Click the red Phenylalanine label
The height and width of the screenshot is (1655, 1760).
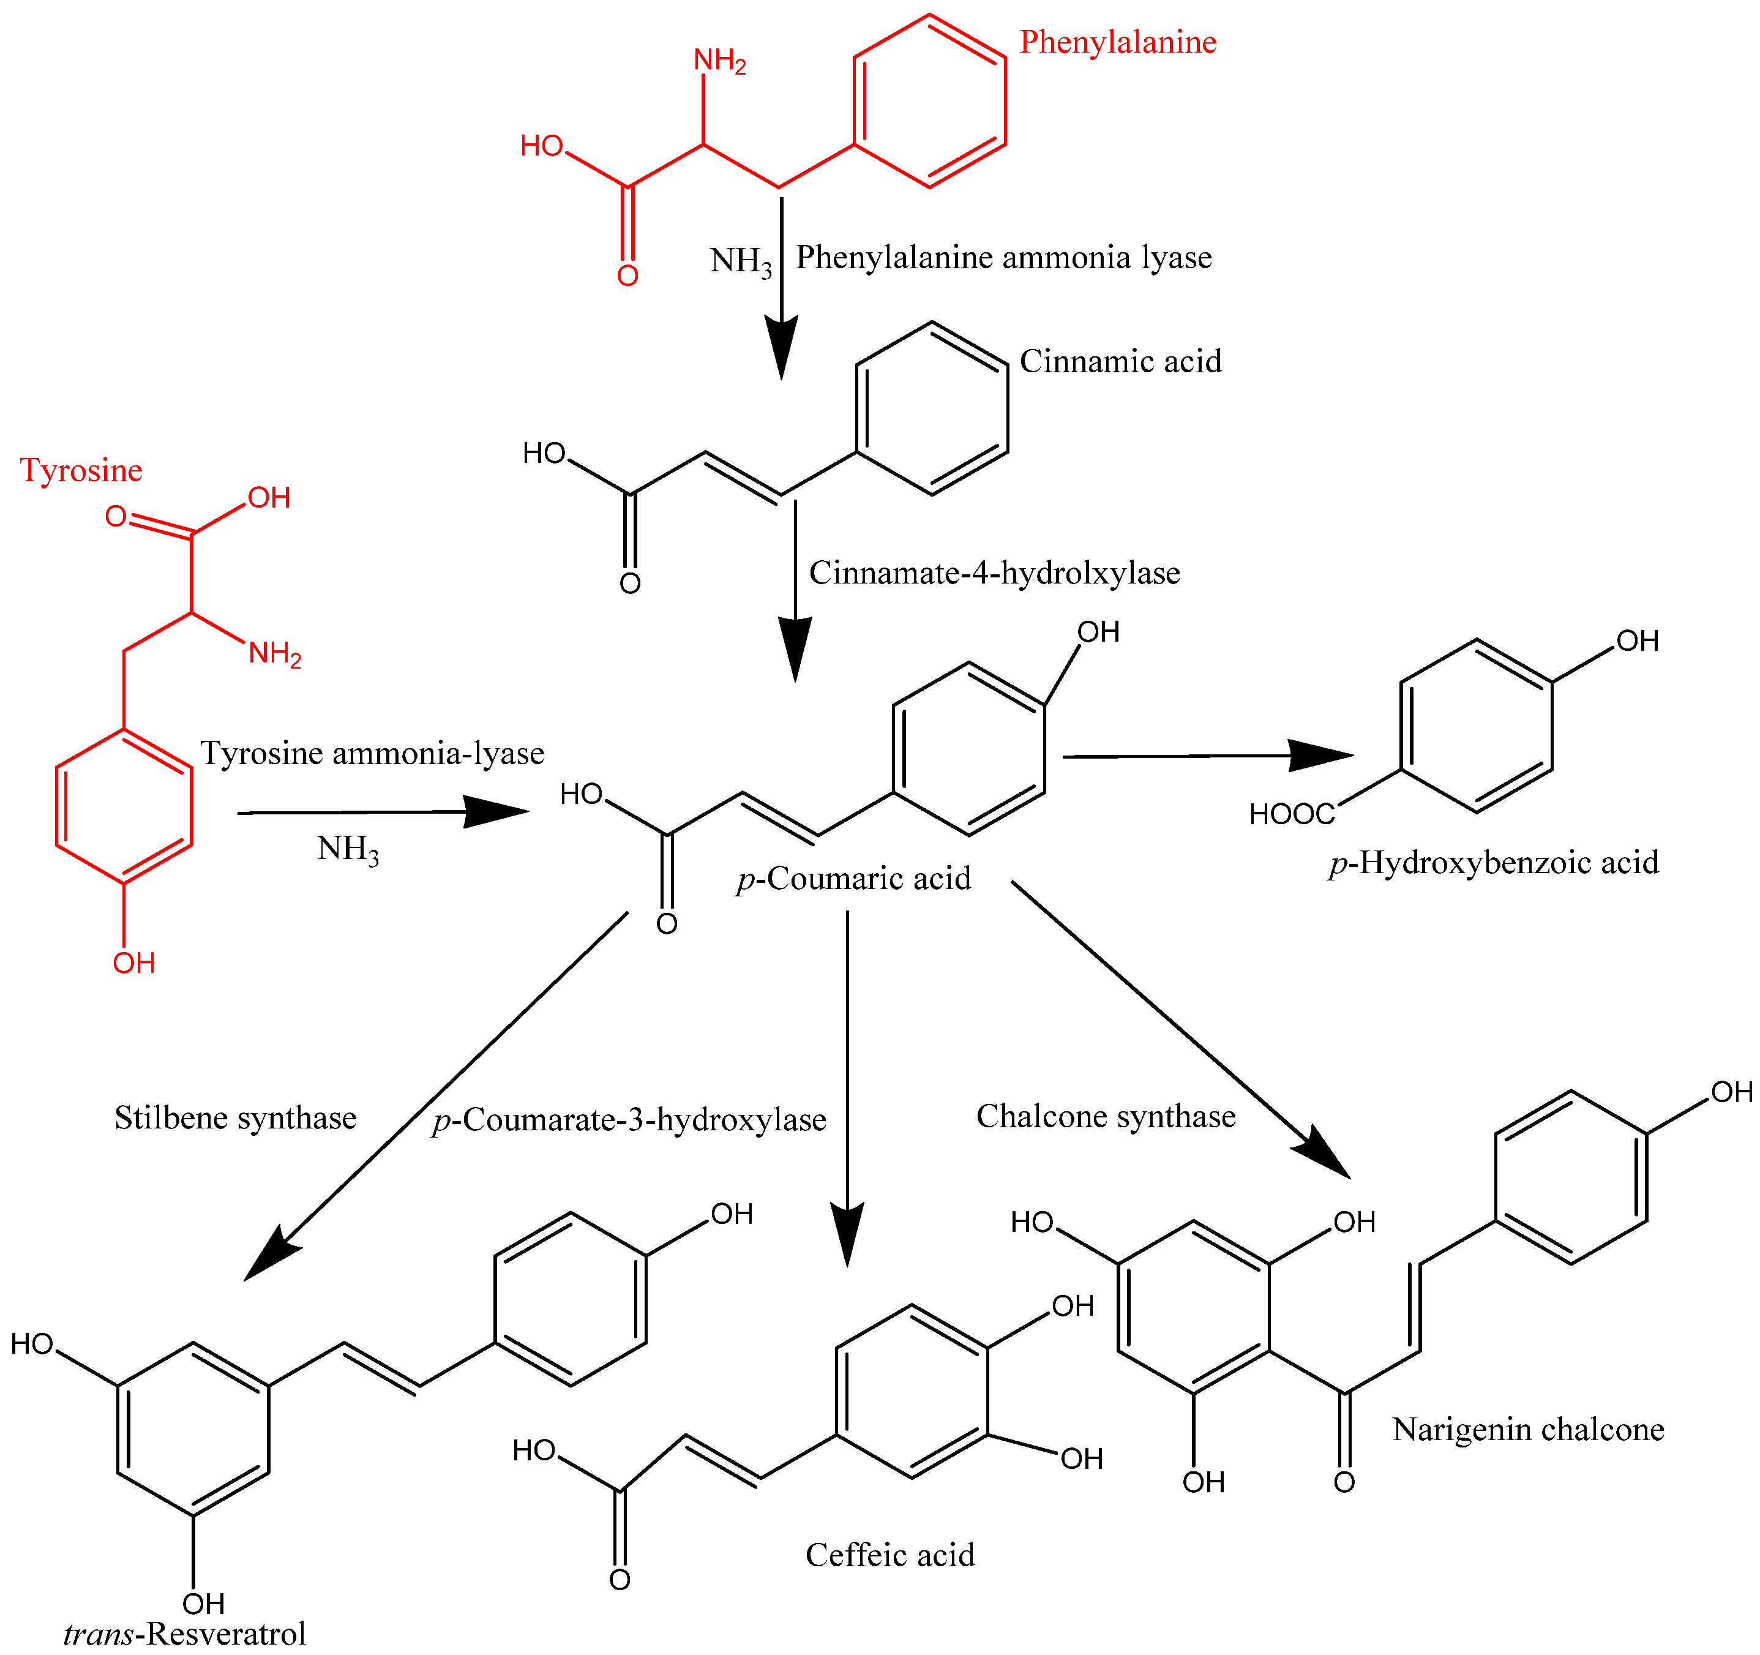coord(1117,42)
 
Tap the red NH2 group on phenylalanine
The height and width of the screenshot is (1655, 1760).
coord(719,60)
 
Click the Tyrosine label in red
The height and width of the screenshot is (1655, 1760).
coord(81,470)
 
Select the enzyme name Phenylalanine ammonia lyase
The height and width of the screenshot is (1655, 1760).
coord(1003,258)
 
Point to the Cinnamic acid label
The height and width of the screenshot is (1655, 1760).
coord(1120,361)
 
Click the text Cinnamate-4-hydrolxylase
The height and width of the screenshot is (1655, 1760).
coord(994,573)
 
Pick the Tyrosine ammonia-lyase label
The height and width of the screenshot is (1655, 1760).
coord(372,754)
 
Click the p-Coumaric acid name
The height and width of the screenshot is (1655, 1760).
coord(853,879)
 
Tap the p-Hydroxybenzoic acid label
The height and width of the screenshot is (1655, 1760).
coord(1494,863)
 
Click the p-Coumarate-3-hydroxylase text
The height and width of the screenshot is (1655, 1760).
coord(629,1120)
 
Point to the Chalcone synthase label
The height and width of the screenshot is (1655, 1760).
coord(1106,1117)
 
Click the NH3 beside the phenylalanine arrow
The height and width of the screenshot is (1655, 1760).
coord(741,261)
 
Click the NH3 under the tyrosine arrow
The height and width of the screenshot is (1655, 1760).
coord(348,849)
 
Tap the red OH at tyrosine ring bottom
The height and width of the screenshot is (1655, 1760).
coord(133,963)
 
